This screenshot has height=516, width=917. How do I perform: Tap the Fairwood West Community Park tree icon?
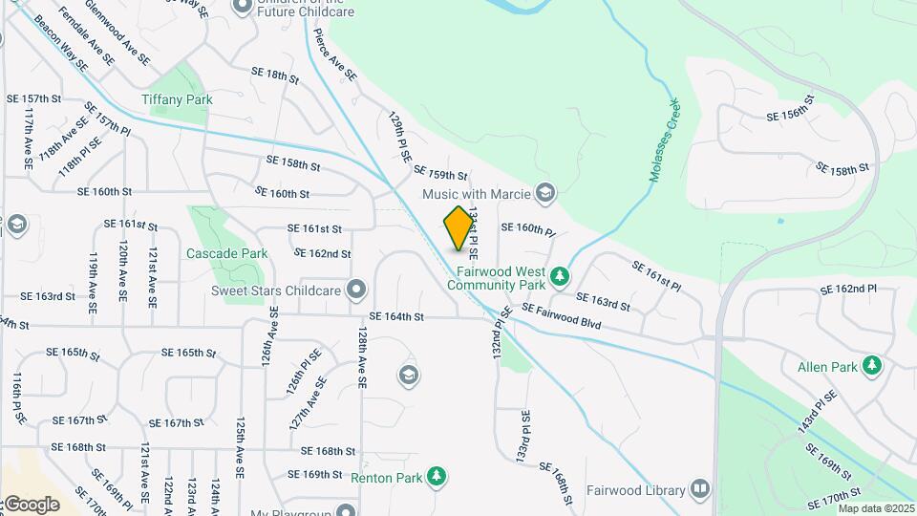(560, 277)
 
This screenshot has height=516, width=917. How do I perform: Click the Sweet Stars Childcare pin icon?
(356, 289)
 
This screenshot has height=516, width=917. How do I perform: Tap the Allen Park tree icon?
(871, 365)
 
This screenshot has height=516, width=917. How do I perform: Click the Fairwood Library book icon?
(700, 490)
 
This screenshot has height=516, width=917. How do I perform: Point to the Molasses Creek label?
(666, 130)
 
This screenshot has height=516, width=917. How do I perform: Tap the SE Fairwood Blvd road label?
(562, 317)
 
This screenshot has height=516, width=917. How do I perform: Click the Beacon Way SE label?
(59, 44)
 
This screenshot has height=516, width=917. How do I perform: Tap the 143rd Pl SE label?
(817, 412)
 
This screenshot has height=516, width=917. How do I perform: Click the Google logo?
(32, 504)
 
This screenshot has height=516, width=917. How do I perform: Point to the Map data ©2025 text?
(876, 508)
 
